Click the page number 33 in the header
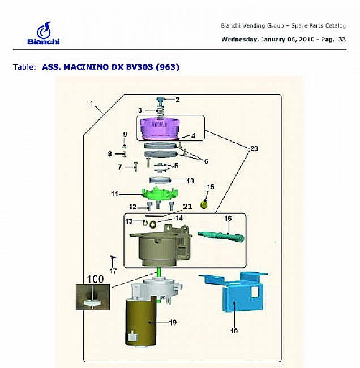(341, 40)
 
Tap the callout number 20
(254, 148)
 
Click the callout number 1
(92, 104)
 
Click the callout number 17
(113, 271)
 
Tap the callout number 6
(205, 161)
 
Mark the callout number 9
(125, 134)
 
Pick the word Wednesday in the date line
(239, 40)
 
